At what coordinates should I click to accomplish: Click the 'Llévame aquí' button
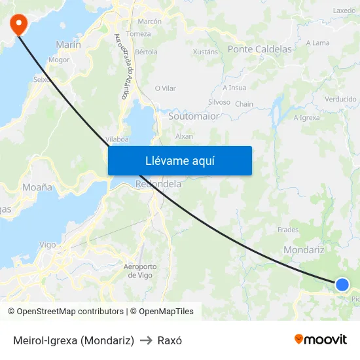[180, 160]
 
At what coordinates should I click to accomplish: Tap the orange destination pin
[18, 24]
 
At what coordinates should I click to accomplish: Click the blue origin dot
[342, 284]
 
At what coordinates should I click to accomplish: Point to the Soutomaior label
[194, 116]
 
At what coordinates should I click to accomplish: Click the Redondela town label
[158, 185]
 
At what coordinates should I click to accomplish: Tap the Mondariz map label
[304, 250]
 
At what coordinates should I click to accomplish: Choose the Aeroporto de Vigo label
[140, 270]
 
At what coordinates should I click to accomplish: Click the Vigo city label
[48, 244]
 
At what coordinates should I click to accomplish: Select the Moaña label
[37, 187]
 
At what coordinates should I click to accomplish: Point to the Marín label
[69, 45]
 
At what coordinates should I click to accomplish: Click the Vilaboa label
[117, 139]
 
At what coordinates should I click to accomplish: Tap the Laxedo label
[344, 11]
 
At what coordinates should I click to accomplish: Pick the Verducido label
[340, 99]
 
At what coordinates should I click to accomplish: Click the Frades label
[288, 230]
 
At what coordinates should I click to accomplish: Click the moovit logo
[321, 339]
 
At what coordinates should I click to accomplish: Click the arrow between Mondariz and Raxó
[146, 340]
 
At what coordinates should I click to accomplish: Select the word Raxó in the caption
[170, 340]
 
